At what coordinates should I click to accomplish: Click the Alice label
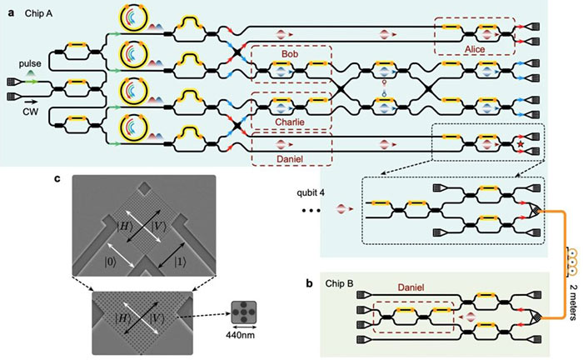click(x=475, y=49)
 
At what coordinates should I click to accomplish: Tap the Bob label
click(x=290, y=54)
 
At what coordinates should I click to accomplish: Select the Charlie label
click(x=290, y=122)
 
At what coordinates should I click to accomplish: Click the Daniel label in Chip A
click(x=290, y=159)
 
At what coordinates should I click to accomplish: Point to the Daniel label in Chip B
click(x=411, y=287)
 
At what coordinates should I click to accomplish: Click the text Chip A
click(x=38, y=14)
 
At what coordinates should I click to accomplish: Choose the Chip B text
click(x=339, y=283)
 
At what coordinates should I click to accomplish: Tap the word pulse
click(x=30, y=63)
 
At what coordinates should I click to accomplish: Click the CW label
click(x=31, y=111)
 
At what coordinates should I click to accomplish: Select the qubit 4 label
click(x=311, y=193)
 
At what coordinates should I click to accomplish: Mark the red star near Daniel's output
click(x=521, y=144)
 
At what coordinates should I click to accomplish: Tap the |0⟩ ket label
click(x=110, y=262)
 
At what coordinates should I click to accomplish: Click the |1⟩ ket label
click(x=180, y=262)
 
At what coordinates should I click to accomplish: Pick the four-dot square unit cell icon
click(x=243, y=312)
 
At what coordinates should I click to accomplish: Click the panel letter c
click(x=57, y=178)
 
